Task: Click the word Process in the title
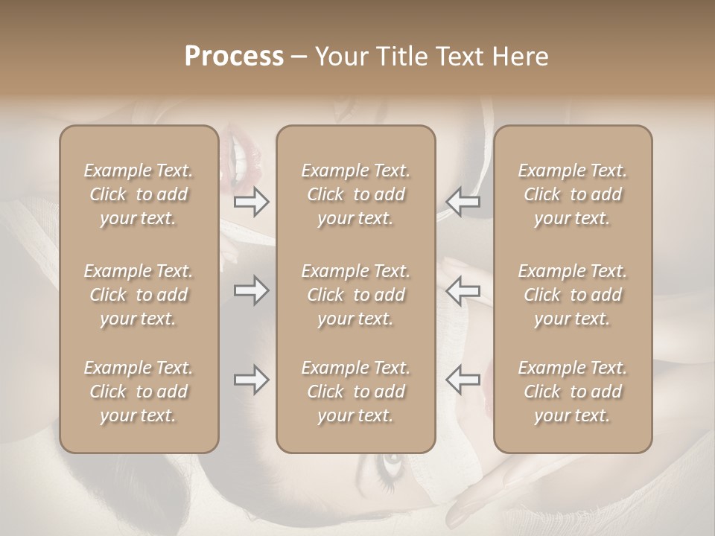tap(234, 57)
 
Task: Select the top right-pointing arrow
tap(251, 201)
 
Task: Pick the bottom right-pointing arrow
tap(251, 380)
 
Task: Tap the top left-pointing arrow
tap(463, 201)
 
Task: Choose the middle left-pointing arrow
tap(463, 292)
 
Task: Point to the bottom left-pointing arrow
tap(463, 380)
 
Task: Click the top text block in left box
tap(139, 194)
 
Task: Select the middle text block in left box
tap(139, 295)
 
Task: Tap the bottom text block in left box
tap(139, 392)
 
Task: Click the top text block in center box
tap(356, 194)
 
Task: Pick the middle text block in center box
tap(356, 295)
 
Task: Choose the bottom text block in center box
tap(356, 392)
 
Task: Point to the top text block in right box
tap(573, 194)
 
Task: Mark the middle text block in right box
tap(573, 295)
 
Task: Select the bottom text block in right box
tap(573, 392)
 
